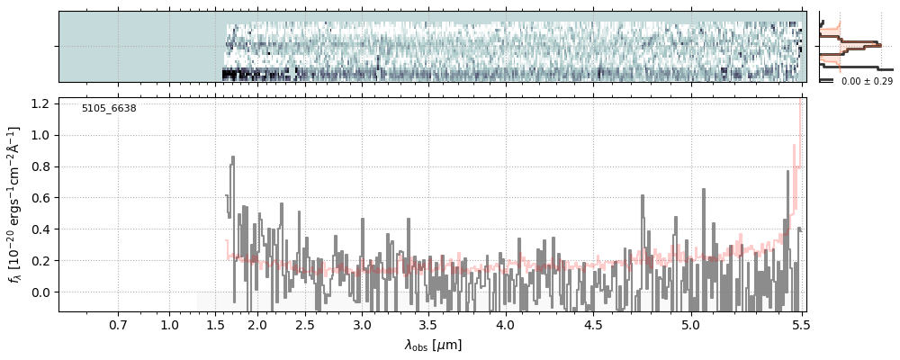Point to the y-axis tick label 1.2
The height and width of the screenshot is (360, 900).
[x=40, y=104]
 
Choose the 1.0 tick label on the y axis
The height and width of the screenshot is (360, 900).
[x=40, y=136]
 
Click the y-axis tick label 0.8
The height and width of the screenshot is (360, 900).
[x=40, y=167]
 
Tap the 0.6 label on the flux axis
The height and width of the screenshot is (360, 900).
[x=40, y=198]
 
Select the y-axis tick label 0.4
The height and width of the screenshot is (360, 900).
[x=40, y=229]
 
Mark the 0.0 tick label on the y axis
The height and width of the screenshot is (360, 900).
[x=40, y=292]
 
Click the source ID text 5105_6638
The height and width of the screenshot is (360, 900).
[x=109, y=109]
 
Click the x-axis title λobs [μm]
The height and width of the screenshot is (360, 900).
[x=432, y=345]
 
